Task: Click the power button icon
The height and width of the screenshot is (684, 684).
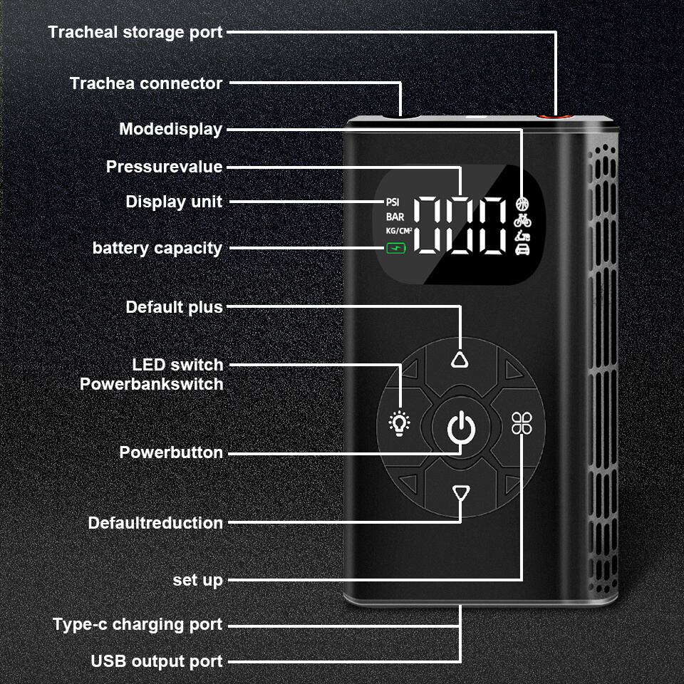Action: coord(460,429)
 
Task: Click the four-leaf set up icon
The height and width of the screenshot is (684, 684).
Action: coord(522,423)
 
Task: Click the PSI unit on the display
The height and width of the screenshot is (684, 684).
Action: coord(393,202)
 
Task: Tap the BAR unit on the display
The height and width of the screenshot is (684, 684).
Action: coord(395,216)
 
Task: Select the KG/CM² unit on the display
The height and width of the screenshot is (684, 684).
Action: coord(399,230)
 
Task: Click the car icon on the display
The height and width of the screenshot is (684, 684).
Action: coord(522,249)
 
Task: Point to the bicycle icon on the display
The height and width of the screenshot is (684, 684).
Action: coord(522,219)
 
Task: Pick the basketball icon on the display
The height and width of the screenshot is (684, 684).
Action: coord(522,203)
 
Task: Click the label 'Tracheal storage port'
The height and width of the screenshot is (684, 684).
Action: coord(135,32)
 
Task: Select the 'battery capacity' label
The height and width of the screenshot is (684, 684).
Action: coord(157,248)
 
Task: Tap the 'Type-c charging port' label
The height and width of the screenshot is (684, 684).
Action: coord(138,625)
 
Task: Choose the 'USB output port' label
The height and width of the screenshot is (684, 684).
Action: coord(157,661)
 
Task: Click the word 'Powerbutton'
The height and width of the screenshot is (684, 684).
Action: coord(171,452)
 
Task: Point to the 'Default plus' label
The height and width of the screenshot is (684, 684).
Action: coord(174,307)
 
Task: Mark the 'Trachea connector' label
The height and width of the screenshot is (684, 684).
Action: coord(146,83)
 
